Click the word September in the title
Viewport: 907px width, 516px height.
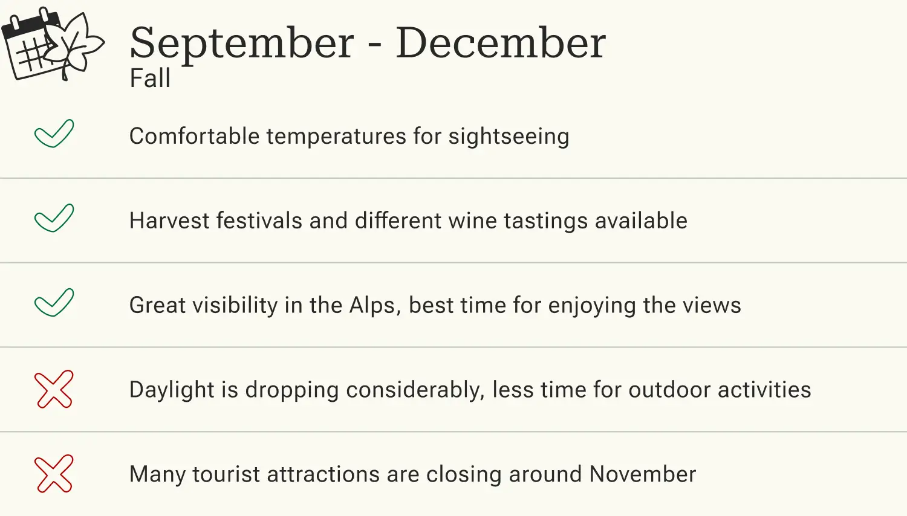pyautogui.click(x=242, y=44)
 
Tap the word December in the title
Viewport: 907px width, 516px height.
pyautogui.click(x=500, y=44)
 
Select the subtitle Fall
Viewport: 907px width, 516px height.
pyautogui.click(x=150, y=79)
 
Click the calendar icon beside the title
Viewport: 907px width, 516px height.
pyautogui.click(x=27, y=48)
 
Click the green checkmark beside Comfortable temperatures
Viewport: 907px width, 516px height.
pyautogui.click(x=54, y=134)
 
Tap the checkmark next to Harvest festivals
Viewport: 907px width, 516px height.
pyautogui.click(x=54, y=218)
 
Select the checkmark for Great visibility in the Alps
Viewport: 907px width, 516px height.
pyautogui.click(x=54, y=303)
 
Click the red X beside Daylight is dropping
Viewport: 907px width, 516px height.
pyautogui.click(x=54, y=389)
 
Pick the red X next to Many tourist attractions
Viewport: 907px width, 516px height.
pyautogui.click(x=54, y=474)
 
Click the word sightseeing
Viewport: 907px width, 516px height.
pyautogui.click(x=509, y=137)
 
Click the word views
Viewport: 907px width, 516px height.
pyautogui.click(x=712, y=306)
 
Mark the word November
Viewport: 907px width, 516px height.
pyautogui.click(x=643, y=475)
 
